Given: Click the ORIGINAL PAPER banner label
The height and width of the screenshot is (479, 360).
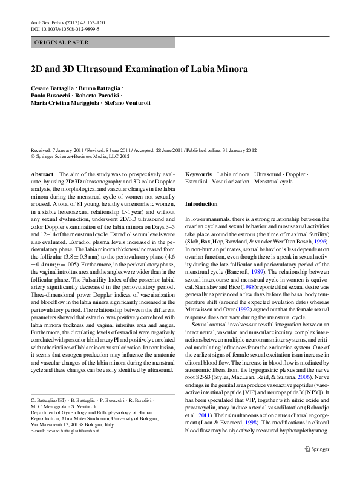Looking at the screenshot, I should pos(61,42).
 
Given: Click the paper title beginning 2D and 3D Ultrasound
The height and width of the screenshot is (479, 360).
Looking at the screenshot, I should pos(139,69).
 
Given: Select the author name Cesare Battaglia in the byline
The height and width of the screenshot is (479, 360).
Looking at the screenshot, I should pos(55,88).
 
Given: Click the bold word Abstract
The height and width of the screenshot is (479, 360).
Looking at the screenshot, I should pos(42,174).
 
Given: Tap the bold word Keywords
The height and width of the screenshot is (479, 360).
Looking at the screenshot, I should pos(198,174).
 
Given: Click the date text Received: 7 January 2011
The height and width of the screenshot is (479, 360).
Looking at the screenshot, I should pos(63,150).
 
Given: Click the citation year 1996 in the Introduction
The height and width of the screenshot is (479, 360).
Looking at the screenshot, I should pos(321,240).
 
